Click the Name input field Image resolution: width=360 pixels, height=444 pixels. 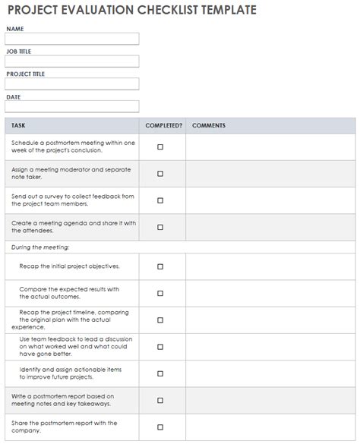point(72,39)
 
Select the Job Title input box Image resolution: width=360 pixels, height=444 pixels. point(72,61)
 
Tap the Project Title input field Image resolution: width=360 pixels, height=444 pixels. point(72,84)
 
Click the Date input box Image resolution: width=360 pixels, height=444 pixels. point(72,107)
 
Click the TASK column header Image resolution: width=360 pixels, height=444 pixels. point(19,125)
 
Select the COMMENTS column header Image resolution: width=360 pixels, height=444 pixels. point(209,125)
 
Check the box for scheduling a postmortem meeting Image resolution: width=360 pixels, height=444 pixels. point(160,146)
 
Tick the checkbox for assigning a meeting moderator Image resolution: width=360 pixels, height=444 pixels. point(160,173)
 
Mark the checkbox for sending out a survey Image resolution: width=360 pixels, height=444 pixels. point(160,200)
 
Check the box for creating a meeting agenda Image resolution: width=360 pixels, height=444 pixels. point(160,227)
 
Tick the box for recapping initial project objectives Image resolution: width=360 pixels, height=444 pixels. point(160,266)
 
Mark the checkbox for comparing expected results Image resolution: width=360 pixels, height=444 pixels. point(160,293)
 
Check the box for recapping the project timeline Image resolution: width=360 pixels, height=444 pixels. point(160,320)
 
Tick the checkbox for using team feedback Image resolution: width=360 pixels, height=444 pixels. point(160,347)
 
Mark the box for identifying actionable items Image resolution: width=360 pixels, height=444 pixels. point(160,373)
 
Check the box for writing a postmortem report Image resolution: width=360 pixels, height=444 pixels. point(160,400)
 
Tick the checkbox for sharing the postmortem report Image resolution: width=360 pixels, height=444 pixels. point(160,427)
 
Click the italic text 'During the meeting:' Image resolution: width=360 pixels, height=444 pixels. point(40,247)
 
